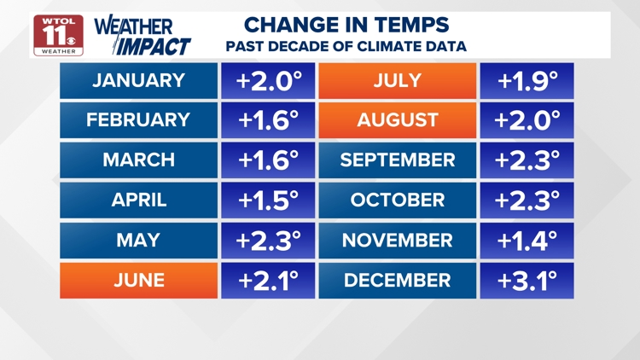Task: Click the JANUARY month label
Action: [138, 81]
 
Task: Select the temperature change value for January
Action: [269, 81]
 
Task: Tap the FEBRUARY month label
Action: [138, 120]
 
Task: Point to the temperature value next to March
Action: [269, 160]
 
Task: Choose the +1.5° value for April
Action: [269, 200]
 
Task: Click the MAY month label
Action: [138, 241]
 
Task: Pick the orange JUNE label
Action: [138, 280]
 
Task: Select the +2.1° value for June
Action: [269, 280]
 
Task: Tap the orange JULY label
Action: [398, 81]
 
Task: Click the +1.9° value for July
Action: [527, 81]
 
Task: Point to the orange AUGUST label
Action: [398, 120]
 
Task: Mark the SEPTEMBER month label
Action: [398, 160]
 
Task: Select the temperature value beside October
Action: [527, 200]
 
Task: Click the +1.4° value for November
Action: [527, 241]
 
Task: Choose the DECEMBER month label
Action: [398, 280]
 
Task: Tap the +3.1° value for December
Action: [527, 280]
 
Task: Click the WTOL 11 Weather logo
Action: [58, 35]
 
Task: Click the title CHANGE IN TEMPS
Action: [346, 26]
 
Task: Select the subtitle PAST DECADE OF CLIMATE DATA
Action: [346, 47]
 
